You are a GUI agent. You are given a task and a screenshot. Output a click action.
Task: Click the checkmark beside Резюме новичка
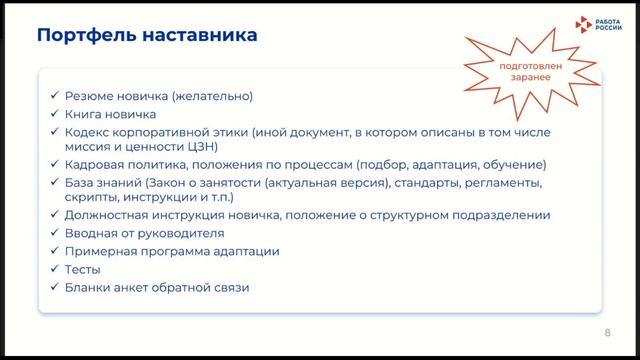(53, 97)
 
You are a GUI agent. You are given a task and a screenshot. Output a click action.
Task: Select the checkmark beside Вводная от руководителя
(53, 233)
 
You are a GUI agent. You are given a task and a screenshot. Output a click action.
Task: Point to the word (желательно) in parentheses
(212, 97)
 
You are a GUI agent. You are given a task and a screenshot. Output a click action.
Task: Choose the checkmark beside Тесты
(53, 270)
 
